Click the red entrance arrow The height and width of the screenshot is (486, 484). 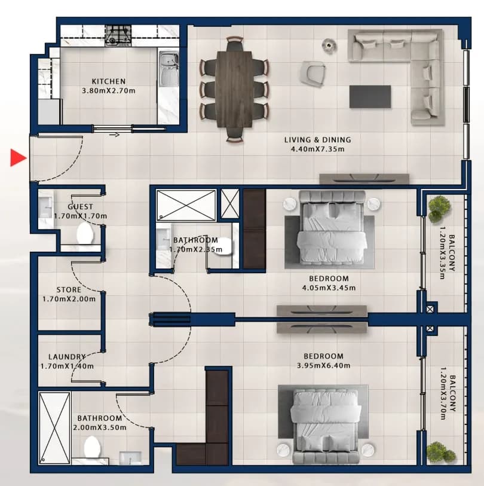pyautogui.click(x=18, y=158)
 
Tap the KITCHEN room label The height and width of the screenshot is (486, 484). pyautogui.click(x=109, y=81)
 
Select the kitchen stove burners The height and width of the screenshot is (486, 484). pyautogui.click(x=118, y=35)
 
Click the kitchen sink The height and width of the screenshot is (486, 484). pyautogui.click(x=169, y=69)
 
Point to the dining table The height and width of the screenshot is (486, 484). pyautogui.click(x=234, y=89)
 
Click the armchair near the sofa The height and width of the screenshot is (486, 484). pyautogui.click(x=313, y=74)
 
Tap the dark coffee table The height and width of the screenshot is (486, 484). pyautogui.click(x=370, y=97)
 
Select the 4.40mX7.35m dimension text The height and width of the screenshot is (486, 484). pyautogui.click(x=318, y=149)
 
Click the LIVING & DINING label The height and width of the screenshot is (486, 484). pyautogui.click(x=318, y=140)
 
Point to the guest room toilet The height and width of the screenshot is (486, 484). pyautogui.click(x=85, y=233)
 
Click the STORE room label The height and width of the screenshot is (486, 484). pyautogui.click(x=69, y=290)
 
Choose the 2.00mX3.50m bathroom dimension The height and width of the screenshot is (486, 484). pyautogui.click(x=100, y=427)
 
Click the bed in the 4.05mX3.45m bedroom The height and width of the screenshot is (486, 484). pyautogui.click(x=332, y=229)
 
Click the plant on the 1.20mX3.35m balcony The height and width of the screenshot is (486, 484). pyautogui.click(x=439, y=209)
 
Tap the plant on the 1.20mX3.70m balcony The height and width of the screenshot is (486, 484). pyautogui.click(x=440, y=453)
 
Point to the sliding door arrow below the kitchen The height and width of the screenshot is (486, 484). pyautogui.click(x=114, y=135)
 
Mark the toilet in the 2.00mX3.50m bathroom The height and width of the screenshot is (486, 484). pyautogui.click(x=93, y=447)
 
